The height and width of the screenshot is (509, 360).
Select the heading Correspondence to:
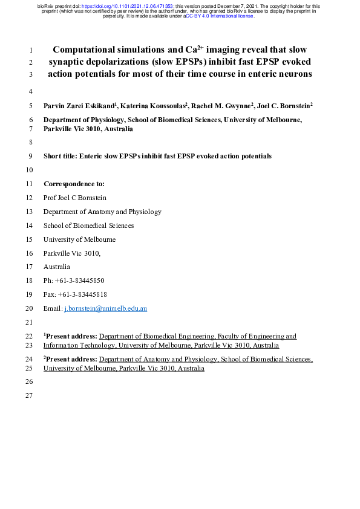click(74, 183)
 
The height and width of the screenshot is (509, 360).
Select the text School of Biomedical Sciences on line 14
click(88, 225)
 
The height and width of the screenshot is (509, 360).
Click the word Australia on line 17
click(57, 267)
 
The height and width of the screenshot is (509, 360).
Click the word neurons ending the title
click(292, 74)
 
